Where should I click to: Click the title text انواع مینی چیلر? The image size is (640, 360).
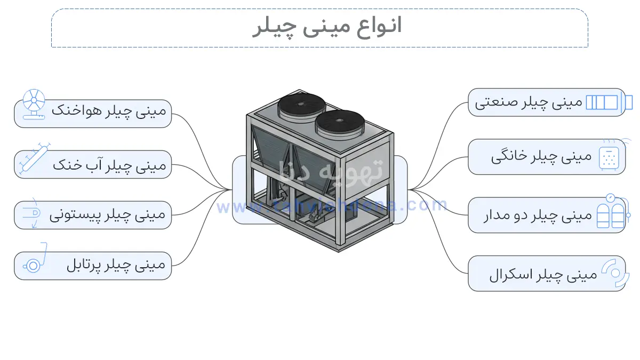pyautogui.click(x=326, y=27)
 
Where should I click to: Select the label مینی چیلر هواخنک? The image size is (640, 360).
pyautogui.click(x=109, y=111)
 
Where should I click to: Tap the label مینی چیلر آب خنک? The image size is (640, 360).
pyautogui.click(x=109, y=165)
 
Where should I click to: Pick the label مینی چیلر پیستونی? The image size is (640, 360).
pyautogui.click(x=108, y=215)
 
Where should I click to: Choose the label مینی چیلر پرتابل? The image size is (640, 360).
pyautogui.click(x=116, y=265)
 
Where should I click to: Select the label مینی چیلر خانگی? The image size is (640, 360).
pyautogui.click(x=541, y=157)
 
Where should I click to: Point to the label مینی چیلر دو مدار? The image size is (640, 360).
pyautogui.click(x=538, y=215)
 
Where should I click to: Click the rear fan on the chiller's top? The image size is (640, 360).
pyautogui.click(x=302, y=106)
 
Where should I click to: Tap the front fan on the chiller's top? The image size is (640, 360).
pyautogui.click(x=340, y=123)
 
